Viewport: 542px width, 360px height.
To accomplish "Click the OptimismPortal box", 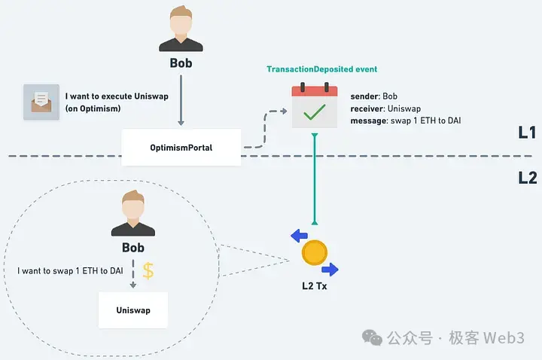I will (x=181, y=148).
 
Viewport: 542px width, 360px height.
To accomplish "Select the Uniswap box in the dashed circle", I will (x=132, y=310).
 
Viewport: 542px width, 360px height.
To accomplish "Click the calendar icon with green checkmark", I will (x=315, y=107).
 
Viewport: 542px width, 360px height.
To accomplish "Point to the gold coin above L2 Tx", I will (x=314, y=252).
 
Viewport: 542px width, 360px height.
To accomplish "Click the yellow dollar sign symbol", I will (x=148, y=272).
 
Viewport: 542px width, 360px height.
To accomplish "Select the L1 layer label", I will (x=526, y=133).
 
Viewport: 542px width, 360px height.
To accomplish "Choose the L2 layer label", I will (x=526, y=178).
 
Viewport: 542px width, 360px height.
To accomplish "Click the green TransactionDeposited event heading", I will (x=321, y=69).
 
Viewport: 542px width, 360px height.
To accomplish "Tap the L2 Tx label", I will (x=314, y=286).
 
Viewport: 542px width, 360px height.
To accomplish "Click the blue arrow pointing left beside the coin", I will (x=298, y=236).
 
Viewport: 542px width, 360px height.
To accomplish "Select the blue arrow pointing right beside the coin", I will (x=330, y=270).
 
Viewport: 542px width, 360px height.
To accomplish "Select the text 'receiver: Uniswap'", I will (x=385, y=109).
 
